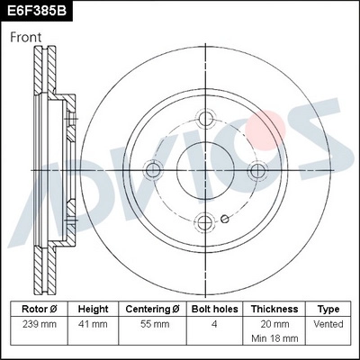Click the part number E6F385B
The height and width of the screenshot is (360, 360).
tap(38, 13)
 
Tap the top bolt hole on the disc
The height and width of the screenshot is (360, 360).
tap(206, 119)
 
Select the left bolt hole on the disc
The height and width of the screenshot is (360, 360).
tap(153, 168)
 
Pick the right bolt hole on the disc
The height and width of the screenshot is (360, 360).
tap(258, 170)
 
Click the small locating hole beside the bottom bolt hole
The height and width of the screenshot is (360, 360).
tap(225, 218)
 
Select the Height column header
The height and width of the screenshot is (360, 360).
tap(94, 308)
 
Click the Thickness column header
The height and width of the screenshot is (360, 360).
tap(275, 308)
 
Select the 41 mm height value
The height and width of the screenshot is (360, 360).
tap(94, 323)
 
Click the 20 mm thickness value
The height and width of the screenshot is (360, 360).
tap(275, 323)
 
